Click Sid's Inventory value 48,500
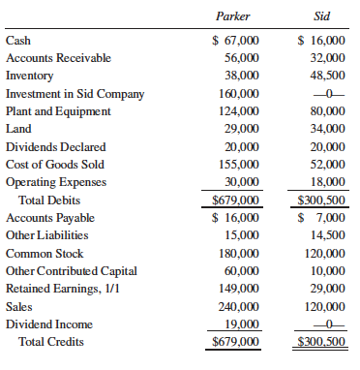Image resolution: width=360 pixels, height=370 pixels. [x=325, y=76]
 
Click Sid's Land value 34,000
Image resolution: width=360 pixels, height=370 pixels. [x=325, y=129]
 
